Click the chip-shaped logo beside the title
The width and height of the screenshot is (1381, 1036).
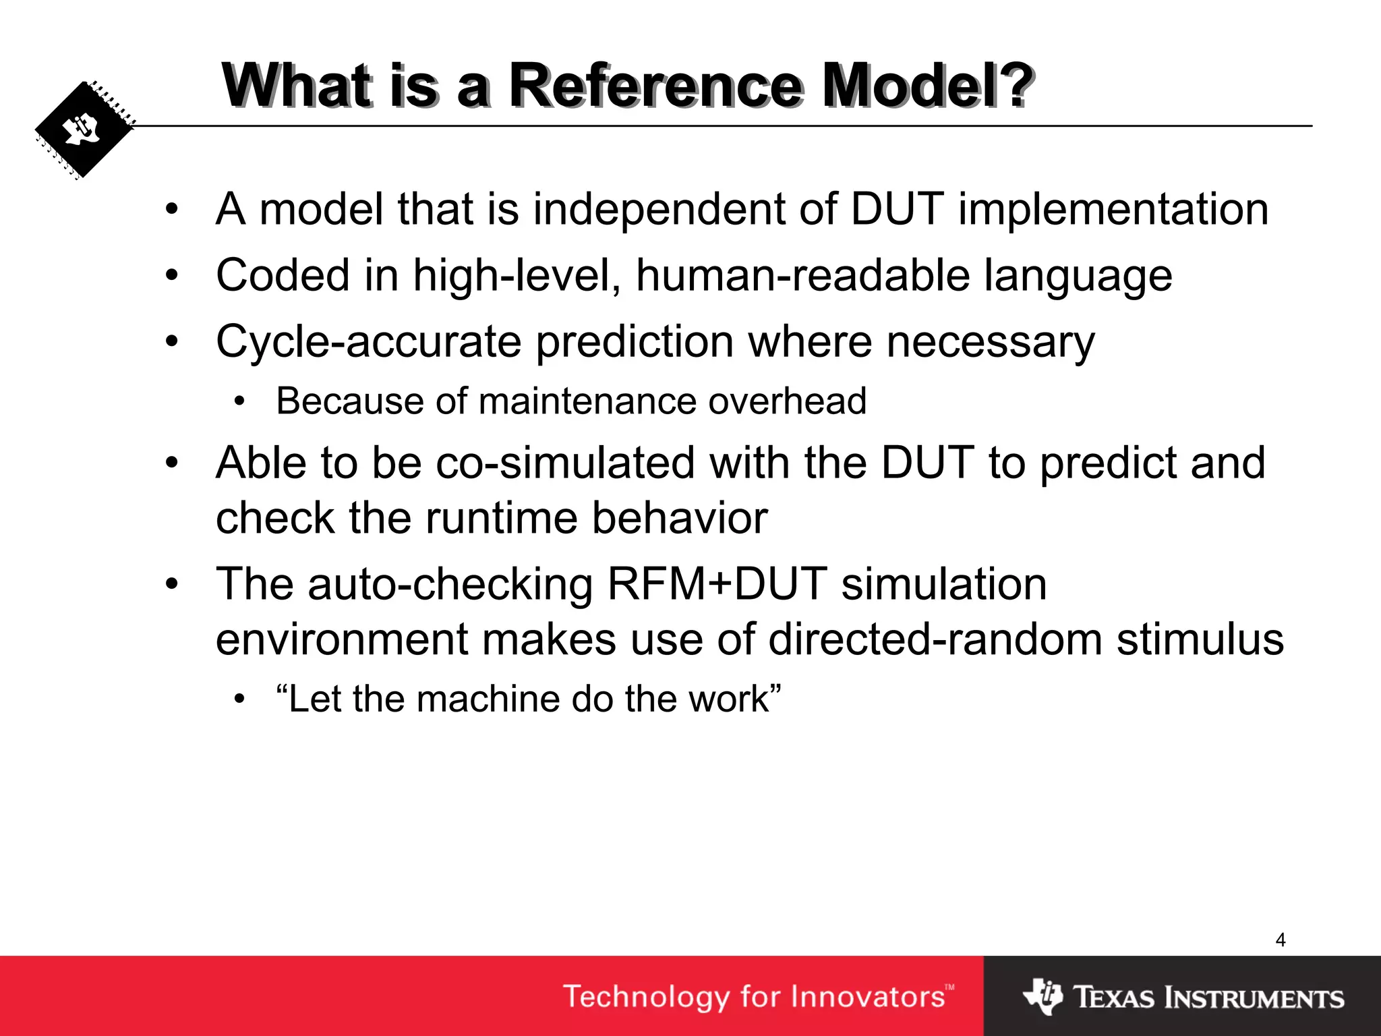[x=84, y=130]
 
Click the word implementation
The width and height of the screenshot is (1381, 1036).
[x=1113, y=209]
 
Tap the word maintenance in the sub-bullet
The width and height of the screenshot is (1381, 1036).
[x=587, y=401]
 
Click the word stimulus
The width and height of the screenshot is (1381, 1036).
[x=1200, y=639]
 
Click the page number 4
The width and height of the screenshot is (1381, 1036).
[x=1281, y=940]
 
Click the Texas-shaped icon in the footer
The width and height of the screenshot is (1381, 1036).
[x=1042, y=996]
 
